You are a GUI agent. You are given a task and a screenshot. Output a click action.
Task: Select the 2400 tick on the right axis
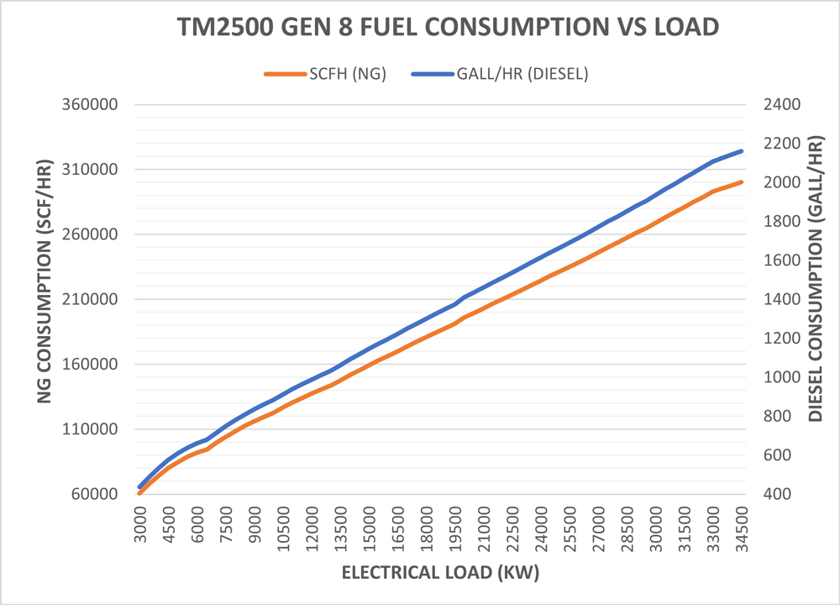coord(779,105)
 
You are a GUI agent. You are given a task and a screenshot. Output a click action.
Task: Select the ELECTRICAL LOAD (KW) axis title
coord(440,574)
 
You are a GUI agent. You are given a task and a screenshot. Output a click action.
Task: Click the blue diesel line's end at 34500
coord(742,151)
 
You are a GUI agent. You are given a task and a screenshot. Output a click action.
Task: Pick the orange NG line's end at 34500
coord(742,181)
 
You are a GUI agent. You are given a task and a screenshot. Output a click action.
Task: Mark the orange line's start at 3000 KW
coord(140,492)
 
